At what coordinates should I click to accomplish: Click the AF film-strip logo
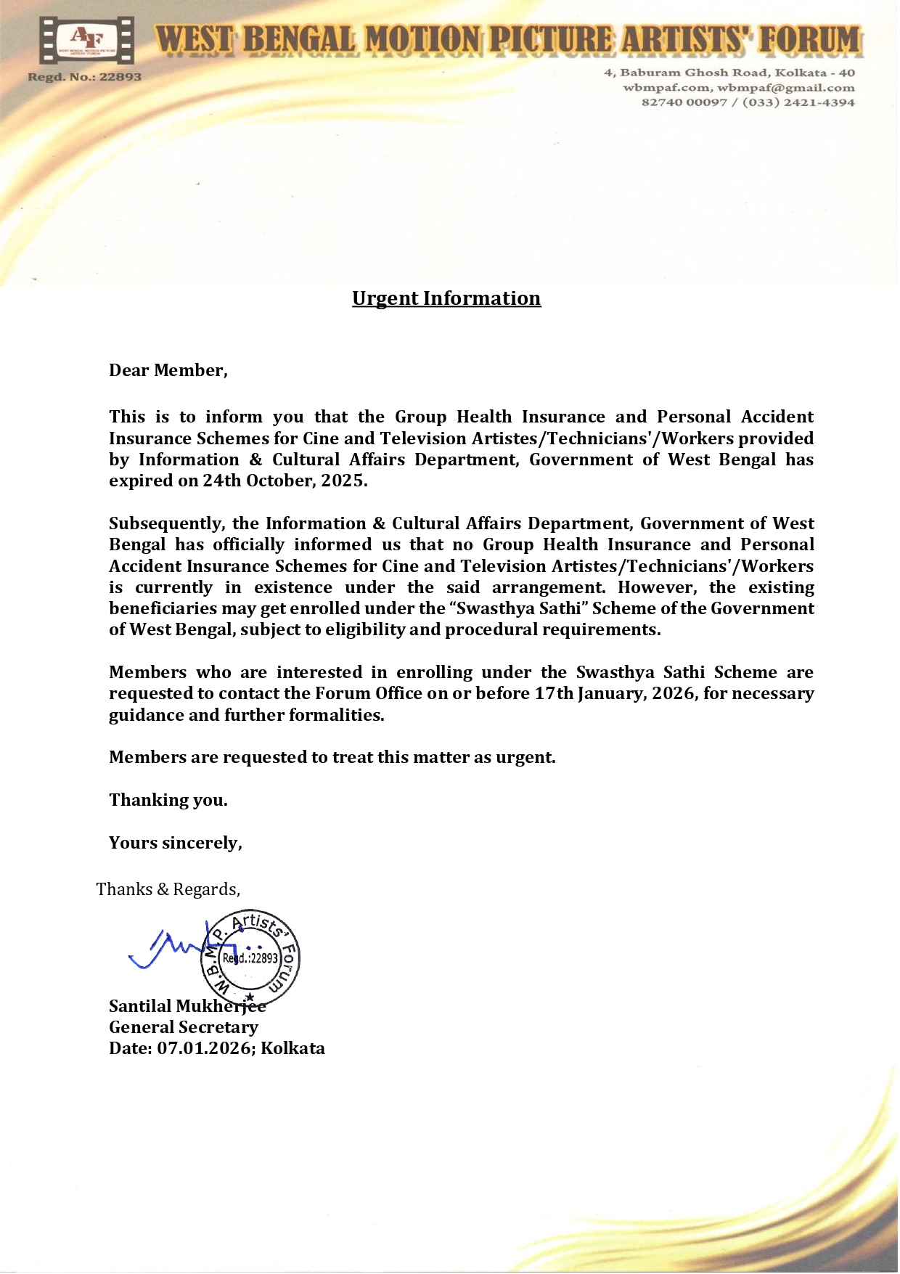click(86, 41)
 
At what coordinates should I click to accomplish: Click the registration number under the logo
click(85, 77)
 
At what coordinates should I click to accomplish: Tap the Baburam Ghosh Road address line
click(729, 73)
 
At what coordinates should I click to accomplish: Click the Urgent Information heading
click(446, 298)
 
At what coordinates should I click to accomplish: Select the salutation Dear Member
click(168, 370)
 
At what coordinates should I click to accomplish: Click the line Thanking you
click(168, 800)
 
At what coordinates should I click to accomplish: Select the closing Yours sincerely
click(175, 843)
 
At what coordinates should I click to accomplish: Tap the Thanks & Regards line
click(168, 889)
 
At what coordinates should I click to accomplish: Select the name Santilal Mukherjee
click(187, 1006)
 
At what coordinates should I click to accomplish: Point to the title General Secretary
click(184, 1027)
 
